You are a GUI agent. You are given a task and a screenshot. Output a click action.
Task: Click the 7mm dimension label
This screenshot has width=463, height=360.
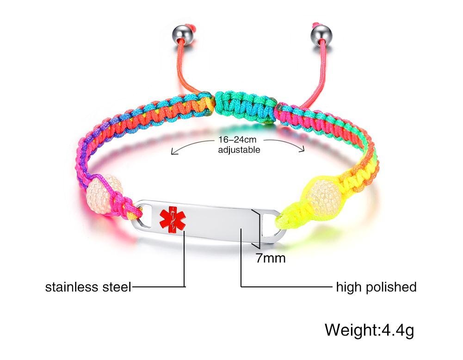pos(271,258)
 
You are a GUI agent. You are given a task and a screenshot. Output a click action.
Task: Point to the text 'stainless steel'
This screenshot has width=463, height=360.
pos(88,287)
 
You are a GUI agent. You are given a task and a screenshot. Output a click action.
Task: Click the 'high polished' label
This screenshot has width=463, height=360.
pos(376,287)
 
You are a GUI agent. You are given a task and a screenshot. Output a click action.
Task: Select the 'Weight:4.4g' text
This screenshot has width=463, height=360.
pos(369,330)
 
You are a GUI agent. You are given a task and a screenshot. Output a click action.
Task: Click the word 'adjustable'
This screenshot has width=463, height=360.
pos(239,149)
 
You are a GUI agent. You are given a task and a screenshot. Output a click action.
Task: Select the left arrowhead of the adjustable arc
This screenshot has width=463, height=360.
pos(173,152)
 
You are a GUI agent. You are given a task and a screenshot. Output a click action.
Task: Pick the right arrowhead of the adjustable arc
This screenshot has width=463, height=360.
pos(303,149)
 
